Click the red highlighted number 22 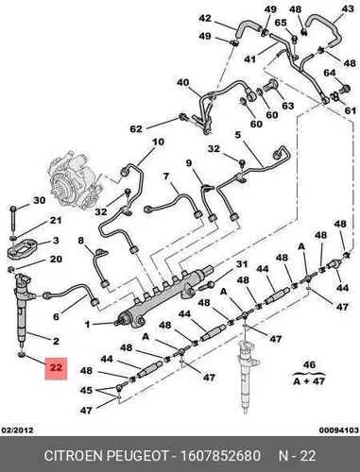pyautogui.click(x=56, y=367)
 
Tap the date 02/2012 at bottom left pyautogui.click(x=18, y=430)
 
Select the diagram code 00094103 pyautogui.click(x=339, y=430)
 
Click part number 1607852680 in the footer pyautogui.click(x=220, y=456)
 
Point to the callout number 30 pyautogui.click(x=40, y=200)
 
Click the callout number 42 pyautogui.click(x=205, y=19)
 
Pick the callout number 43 pyautogui.click(x=348, y=9)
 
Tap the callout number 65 pyautogui.click(x=281, y=23)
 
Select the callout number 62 pyautogui.click(x=136, y=128)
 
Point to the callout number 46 pyautogui.click(x=309, y=364)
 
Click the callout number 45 pyautogui.click(x=86, y=391)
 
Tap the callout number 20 pyautogui.click(x=56, y=259)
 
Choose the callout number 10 pyautogui.click(x=158, y=142)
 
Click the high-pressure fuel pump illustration pyautogui.click(x=74, y=181)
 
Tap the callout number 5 pyautogui.click(x=238, y=135)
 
